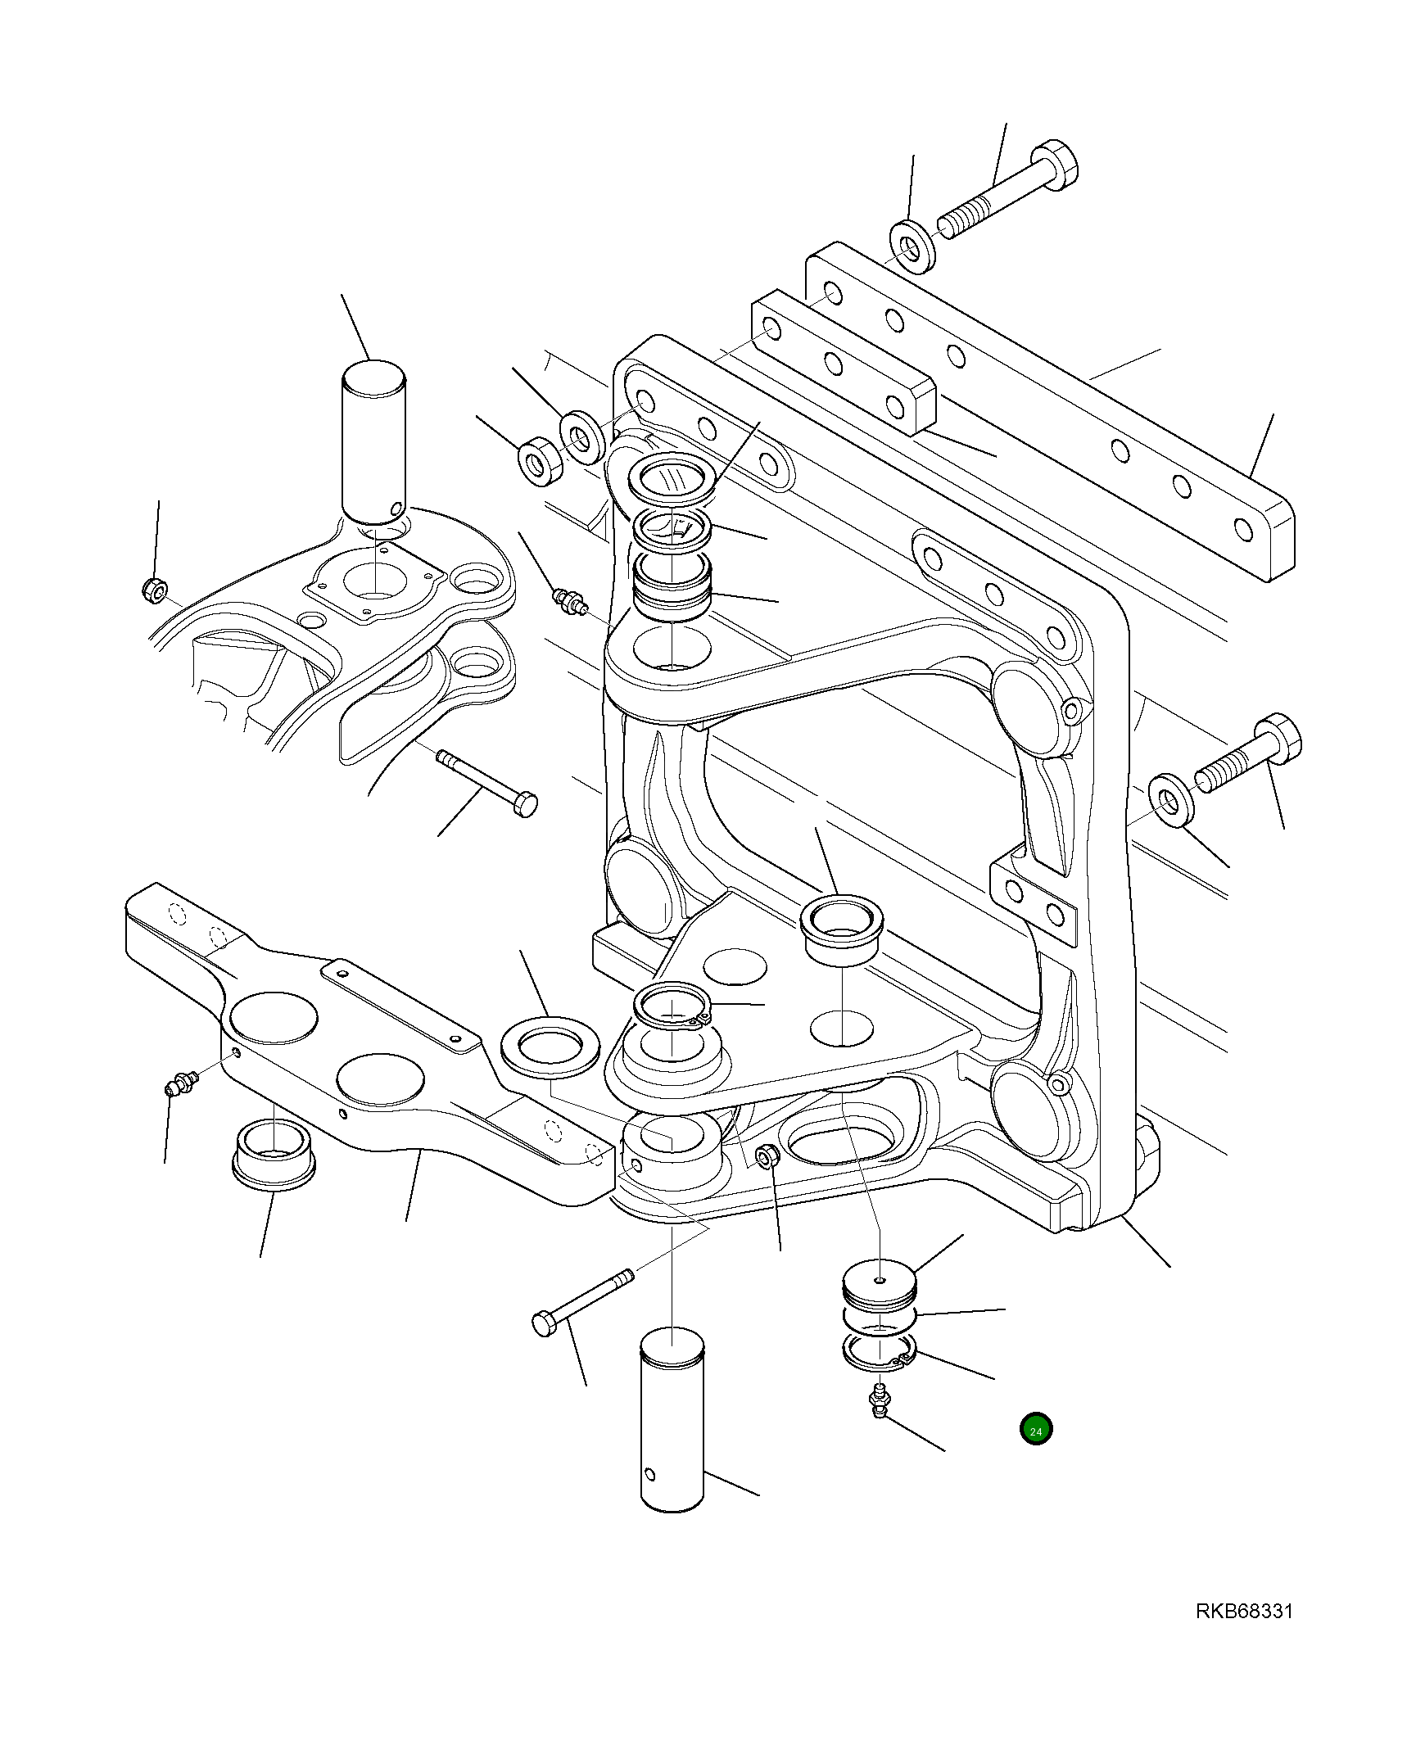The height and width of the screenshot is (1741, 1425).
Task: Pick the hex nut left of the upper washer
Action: [541, 459]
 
